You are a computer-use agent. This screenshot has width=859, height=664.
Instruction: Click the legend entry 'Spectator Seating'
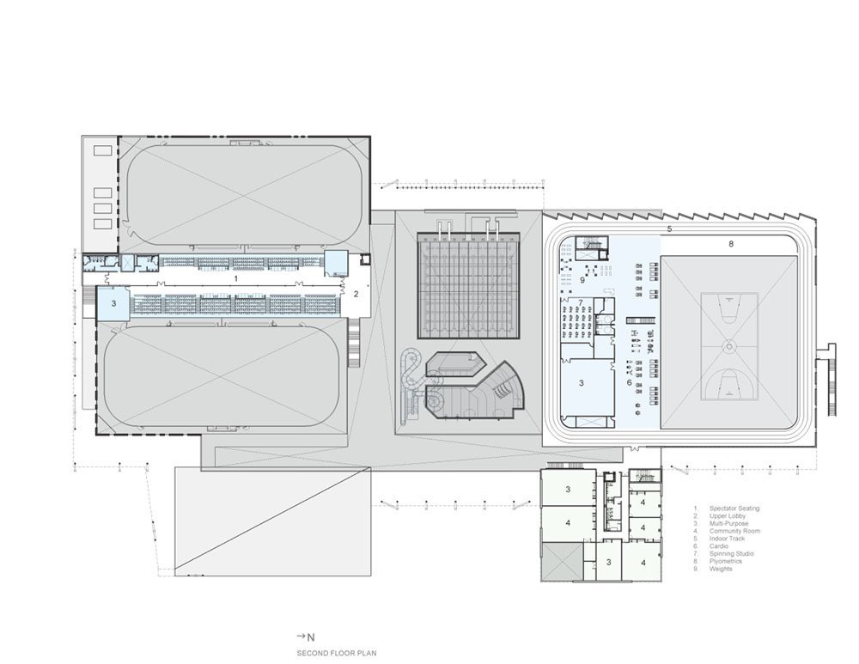pyautogui.click(x=734, y=509)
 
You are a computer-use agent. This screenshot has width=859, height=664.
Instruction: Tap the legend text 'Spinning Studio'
pyautogui.click(x=731, y=554)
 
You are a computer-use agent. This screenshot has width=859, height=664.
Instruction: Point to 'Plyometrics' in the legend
pyautogui.click(x=727, y=562)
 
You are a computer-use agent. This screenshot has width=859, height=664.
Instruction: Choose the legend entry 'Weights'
pyautogui.click(x=721, y=570)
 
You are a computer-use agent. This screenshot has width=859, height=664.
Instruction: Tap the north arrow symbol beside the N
pyautogui.click(x=302, y=637)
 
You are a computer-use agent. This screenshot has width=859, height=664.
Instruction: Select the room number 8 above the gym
pyautogui.click(x=731, y=244)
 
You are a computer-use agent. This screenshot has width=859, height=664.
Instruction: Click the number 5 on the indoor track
pyautogui.click(x=667, y=229)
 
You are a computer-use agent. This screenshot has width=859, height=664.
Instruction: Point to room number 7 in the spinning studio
pyautogui.click(x=582, y=302)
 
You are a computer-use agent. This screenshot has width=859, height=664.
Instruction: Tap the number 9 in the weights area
pyautogui.click(x=582, y=280)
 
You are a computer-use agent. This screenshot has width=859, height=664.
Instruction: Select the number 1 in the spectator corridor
pyautogui.click(x=235, y=279)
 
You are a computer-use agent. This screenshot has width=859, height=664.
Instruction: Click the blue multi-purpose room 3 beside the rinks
pyautogui.click(x=113, y=303)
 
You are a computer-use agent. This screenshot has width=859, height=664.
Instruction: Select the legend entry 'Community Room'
pyautogui.click(x=734, y=531)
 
